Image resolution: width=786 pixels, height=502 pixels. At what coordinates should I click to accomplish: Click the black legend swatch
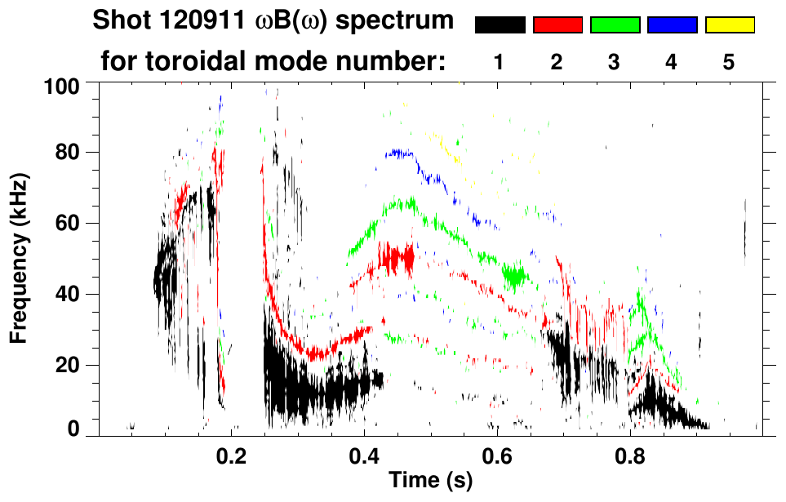(x=500, y=25)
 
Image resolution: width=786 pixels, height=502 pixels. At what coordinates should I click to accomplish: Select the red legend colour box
(x=557, y=25)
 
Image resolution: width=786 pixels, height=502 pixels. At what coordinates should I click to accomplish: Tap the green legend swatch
(x=615, y=25)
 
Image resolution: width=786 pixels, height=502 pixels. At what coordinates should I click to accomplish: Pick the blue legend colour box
(x=672, y=25)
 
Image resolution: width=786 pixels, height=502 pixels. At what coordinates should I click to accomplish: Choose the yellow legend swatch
(x=729, y=25)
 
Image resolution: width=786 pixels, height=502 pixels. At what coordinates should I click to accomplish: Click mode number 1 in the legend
(x=500, y=63)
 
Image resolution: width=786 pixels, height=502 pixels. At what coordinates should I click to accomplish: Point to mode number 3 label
(x=615, y=63)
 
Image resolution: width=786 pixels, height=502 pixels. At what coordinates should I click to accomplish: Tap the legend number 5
(x=729, y=63)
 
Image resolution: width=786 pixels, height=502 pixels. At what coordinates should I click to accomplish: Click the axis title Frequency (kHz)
(x=18, y=258)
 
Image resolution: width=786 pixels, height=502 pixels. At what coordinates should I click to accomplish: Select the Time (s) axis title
(x=429, y=481)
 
